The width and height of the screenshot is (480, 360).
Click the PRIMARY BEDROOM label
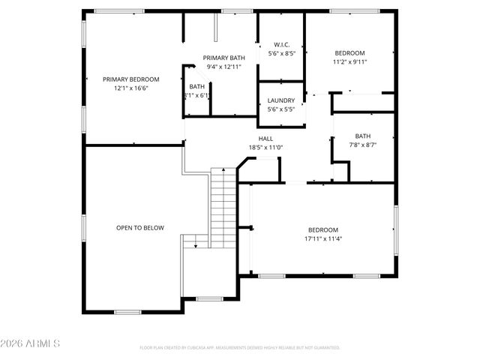[x=131, y=79]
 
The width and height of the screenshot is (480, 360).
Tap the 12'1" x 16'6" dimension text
[x=131, y=88]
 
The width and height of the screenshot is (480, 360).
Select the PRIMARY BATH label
[x=224, y=58]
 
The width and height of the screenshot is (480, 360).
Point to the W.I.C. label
[x=281, y=44]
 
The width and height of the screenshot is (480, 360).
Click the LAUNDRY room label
[x=281, y=100]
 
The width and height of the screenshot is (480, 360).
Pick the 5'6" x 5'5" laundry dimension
[x=281, y=109]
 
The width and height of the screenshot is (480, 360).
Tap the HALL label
[x=265, y=139]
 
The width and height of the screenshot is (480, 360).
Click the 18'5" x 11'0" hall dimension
[x=265, y=148]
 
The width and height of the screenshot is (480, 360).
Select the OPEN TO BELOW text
[x=139, y=227]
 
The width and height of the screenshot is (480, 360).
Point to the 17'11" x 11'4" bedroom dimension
[x=323, y=238]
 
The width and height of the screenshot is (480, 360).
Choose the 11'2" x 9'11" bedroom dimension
[x=349, y=62]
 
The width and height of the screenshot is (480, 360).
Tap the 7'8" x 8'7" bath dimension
[x=362, y=144]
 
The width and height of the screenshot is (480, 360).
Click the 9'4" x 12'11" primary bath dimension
[x=224, y=67]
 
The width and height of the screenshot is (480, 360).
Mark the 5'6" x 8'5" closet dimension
[x=281, y=53]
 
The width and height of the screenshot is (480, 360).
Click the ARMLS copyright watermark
[x=31, y=343]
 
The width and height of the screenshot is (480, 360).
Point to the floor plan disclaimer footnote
[x=240, y=347]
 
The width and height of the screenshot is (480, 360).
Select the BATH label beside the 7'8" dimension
[x=362, y=136]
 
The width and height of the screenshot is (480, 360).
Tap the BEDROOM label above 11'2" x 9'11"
[x=349, y=53]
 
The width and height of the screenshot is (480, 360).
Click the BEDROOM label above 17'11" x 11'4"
[x=323, y=229]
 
